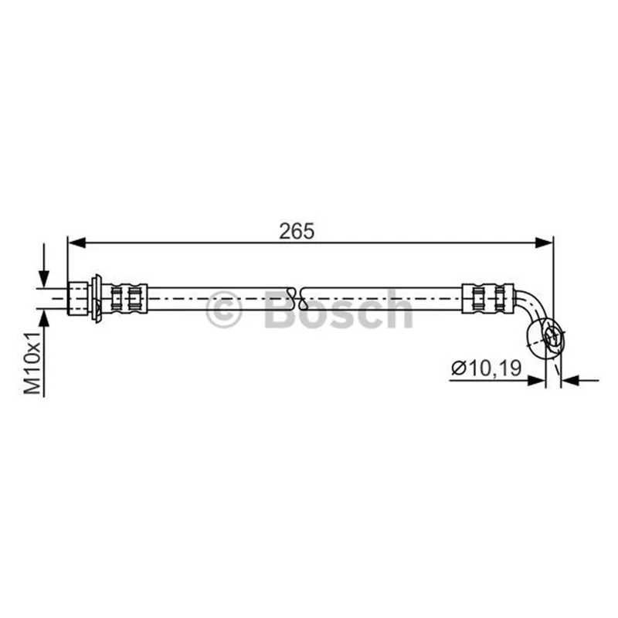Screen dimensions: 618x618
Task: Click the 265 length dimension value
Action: click(297, 231)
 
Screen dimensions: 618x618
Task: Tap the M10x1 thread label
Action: click(32, 363)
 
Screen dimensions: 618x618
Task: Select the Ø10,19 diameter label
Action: click(487, 368)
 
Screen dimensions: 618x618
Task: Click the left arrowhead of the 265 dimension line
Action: click(76, 243)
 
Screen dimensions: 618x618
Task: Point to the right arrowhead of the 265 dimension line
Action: click(544, 243)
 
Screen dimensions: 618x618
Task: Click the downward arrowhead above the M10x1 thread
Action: click(44, 279)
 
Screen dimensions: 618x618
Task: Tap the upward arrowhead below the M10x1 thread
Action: click(44, 318)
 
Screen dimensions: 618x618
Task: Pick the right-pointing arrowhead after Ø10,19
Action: click(537, 380)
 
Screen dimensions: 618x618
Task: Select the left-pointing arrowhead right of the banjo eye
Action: click(569, 380)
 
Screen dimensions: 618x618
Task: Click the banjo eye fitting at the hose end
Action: click(545, 339)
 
